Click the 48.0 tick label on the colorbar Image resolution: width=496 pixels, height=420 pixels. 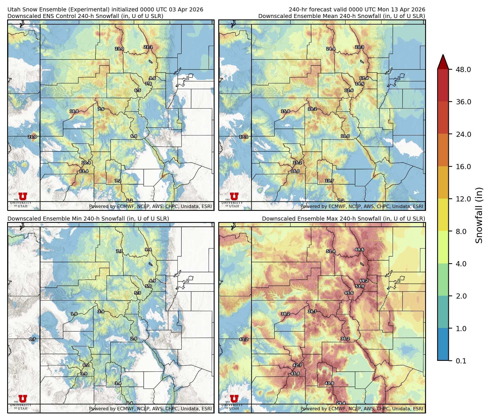click(463, 69)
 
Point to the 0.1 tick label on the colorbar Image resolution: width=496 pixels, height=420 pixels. click(461, 361)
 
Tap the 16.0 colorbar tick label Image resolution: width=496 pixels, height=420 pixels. click(463, 167)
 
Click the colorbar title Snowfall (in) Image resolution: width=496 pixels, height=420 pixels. click(479, 215)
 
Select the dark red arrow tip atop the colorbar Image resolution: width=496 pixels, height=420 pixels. click(443, 61)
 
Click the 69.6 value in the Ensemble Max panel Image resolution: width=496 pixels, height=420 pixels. click(359, 249)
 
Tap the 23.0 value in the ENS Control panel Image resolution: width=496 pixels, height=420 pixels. click(119, 49)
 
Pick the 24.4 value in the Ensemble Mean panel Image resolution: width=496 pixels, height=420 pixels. click(331, 49)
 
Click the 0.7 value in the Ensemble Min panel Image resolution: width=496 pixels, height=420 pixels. click(32, 339)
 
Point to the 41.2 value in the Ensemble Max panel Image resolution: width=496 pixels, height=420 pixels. click(244, 339)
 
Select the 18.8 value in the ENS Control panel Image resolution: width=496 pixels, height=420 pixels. click(74, 111)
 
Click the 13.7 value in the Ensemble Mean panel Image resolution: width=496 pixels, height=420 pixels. click(329, 181)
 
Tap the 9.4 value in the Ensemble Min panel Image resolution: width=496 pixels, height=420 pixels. click(148, 249)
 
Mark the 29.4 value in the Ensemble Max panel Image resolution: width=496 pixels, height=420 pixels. click(341, 403)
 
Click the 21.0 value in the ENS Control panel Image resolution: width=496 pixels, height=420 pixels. click(32, 137)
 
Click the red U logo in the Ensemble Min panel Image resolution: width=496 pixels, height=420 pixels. click(23, 398)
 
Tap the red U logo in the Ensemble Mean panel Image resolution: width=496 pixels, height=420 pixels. click(234, 196)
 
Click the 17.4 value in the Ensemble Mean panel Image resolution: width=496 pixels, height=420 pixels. click(364, 78)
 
